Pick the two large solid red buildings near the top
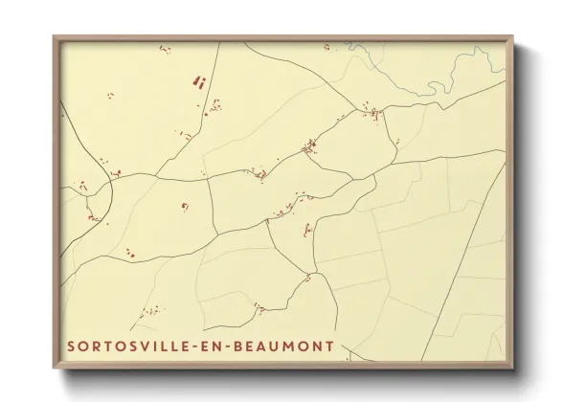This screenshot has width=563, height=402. coord(200,82)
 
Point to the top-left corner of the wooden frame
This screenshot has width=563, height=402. coord(55,37)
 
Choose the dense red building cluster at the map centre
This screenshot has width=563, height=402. coord(309,147)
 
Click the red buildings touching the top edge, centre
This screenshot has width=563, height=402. coord(330,45)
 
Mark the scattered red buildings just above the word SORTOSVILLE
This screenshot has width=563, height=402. coord(148,313)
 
